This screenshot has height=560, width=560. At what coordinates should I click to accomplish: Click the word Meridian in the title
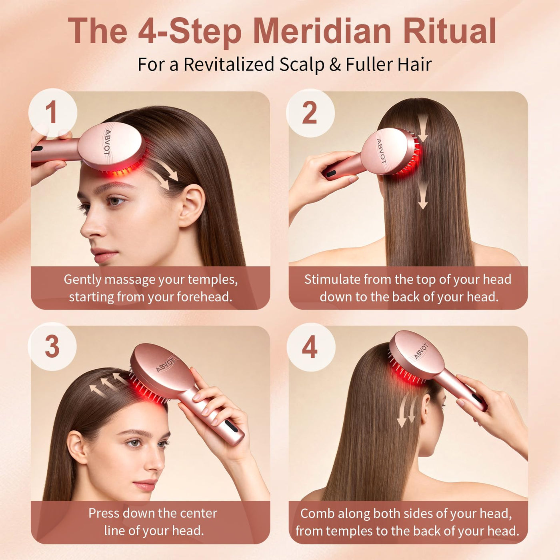(x=322, y=31)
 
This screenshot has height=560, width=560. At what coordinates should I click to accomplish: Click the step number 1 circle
(x=52, y=113)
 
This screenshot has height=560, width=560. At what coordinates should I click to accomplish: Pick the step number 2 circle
(x=310, y=113)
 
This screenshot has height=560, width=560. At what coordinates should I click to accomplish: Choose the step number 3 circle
(x=52, y=346)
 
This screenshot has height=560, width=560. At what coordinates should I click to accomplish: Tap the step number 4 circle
(x=311, y=347)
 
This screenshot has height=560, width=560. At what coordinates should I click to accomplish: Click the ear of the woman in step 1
(x=192, y=206)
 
